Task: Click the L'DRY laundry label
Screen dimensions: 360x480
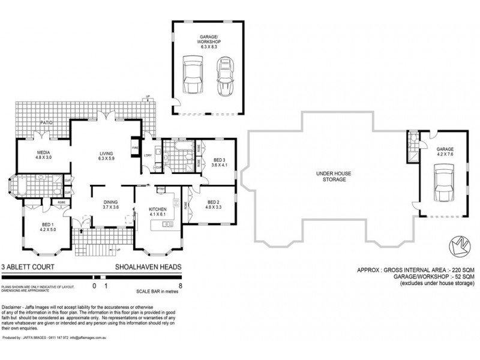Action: [x=148, y=155]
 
